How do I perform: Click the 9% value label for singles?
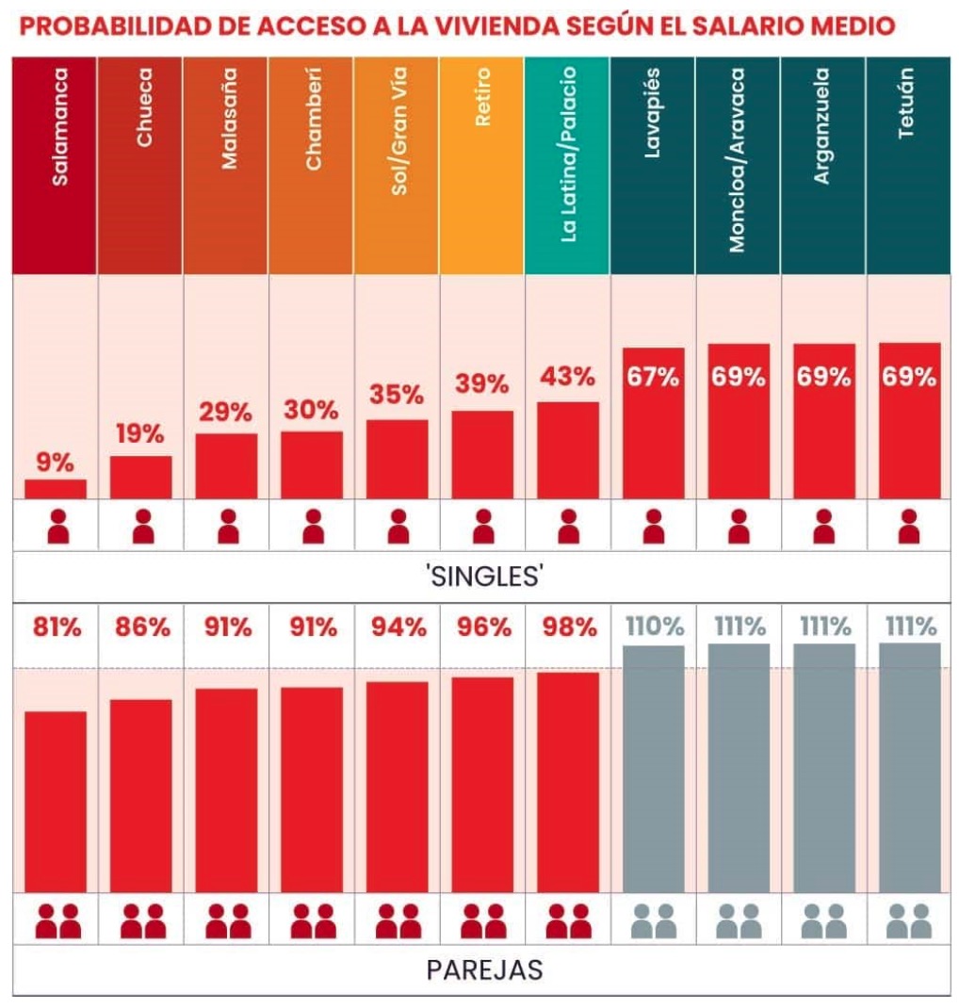pyautogui.click(x=56, y=462)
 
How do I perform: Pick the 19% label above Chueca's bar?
pyautogui.click(x=140, y=434)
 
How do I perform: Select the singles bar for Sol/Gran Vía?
pyautogui.click(x=397, y=459)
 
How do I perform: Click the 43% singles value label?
pyautogui.click(x=567, y=377)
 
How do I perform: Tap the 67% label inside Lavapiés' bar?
pyautogui.click(x=653, y=378)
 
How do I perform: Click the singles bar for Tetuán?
pyautogui.click(x=909, y=433)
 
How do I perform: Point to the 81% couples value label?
pyautogui.click(x=57, y=627)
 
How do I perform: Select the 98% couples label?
pyautogui.click(x=567, y=627)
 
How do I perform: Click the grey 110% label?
pyautogui.click(x=653, y=626)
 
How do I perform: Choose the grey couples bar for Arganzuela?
pyautogui.click(x=823, y=768)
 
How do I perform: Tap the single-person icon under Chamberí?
pyautogui.click(x=312, y=527)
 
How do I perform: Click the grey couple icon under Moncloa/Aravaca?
pyautogui.click(x=738, y=921)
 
